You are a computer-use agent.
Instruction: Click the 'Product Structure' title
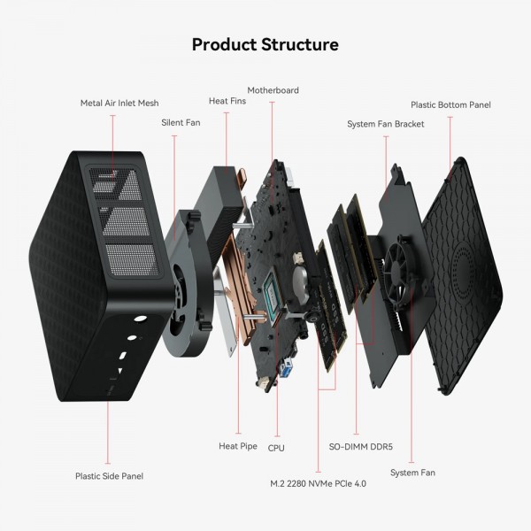pyautogui.click(x=265, y=43)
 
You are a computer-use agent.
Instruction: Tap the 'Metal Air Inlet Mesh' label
pyautogui.click(x=119, y=104)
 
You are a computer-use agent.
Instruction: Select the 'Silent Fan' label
pyautogui.click(x=181, y=122)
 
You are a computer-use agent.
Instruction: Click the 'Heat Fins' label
pyautogui.click(x=227, y=101)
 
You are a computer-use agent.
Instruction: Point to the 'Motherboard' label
pyautogui.click(x=273, y=90)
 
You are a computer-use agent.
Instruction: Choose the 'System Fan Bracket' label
pyautogui.click(x=386, y=124)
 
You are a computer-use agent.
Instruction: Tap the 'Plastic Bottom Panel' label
pyautogui.click(x=450, y=104)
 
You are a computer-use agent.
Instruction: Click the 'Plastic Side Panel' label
pyautogui.click(x=109, y=476)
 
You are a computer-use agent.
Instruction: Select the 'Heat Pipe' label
pyautogui.click(x=238, y=446)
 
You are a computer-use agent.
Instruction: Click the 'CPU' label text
pyautogui.click(x=276, y=448)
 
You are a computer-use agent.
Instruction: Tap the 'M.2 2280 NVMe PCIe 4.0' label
pyautogui.click(x=318, y=484)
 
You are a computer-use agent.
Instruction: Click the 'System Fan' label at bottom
pyautogui.click(x=412, y=473)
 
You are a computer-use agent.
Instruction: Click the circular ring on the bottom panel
pyautogui.click(x=466, y=265)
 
